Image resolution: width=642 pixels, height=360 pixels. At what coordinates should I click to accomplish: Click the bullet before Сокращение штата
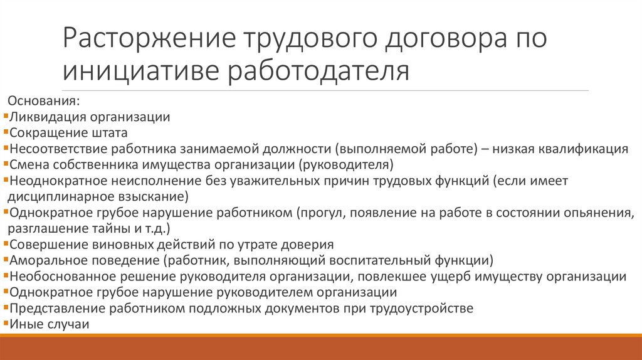click(5, 132)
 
